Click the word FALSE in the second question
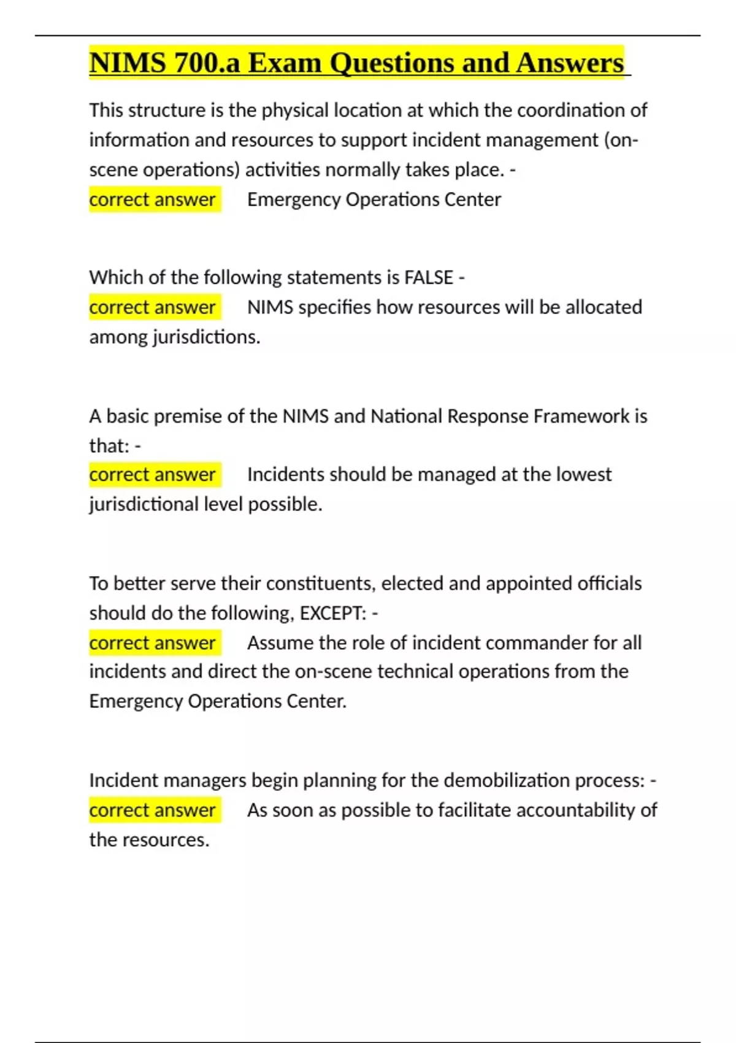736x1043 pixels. point(429,277)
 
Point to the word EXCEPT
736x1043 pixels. point(332,613)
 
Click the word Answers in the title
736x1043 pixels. point(570,63)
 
